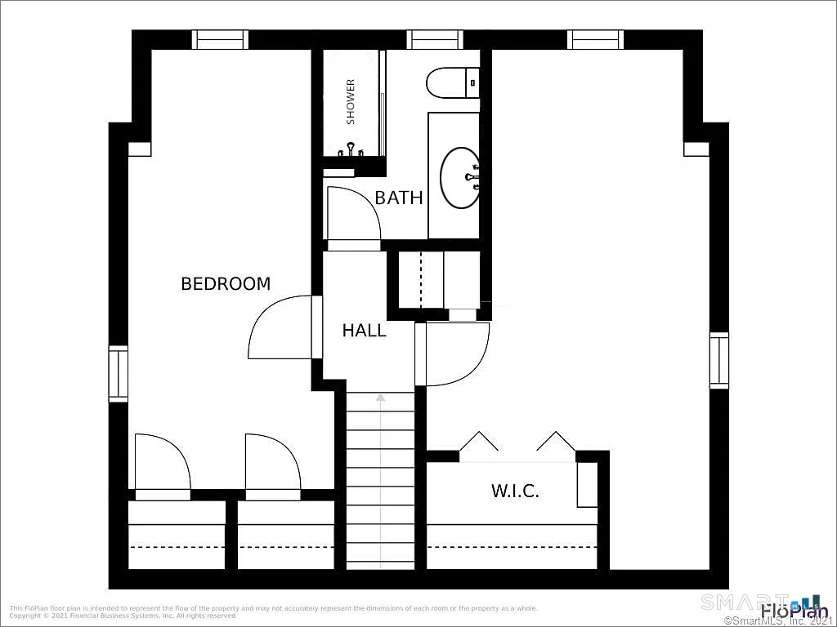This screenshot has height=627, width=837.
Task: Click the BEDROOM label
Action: click(226, 284)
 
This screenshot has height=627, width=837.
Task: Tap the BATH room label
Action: click(399, 198)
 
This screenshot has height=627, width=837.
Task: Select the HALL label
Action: click(364, 331)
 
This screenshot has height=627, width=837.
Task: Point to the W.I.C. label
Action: click(515, 491)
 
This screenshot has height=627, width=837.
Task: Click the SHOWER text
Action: click(351, 101)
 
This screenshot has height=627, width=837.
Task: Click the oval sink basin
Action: click(460, 177)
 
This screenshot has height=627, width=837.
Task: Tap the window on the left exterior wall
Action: click(119, 374)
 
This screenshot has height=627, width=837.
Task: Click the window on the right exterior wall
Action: click(718, 360)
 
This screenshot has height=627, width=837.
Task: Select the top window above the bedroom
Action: click(220, 39)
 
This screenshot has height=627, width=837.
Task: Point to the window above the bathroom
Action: click(435, 39)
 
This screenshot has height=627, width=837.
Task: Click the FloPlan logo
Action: click(793, 611)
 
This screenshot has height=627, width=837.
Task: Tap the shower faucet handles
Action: click(351, 149)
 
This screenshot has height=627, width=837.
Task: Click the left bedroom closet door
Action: click(161, 465)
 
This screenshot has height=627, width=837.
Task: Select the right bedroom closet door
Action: click(272, 465)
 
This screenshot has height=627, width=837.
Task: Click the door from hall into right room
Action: click(454, 353)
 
